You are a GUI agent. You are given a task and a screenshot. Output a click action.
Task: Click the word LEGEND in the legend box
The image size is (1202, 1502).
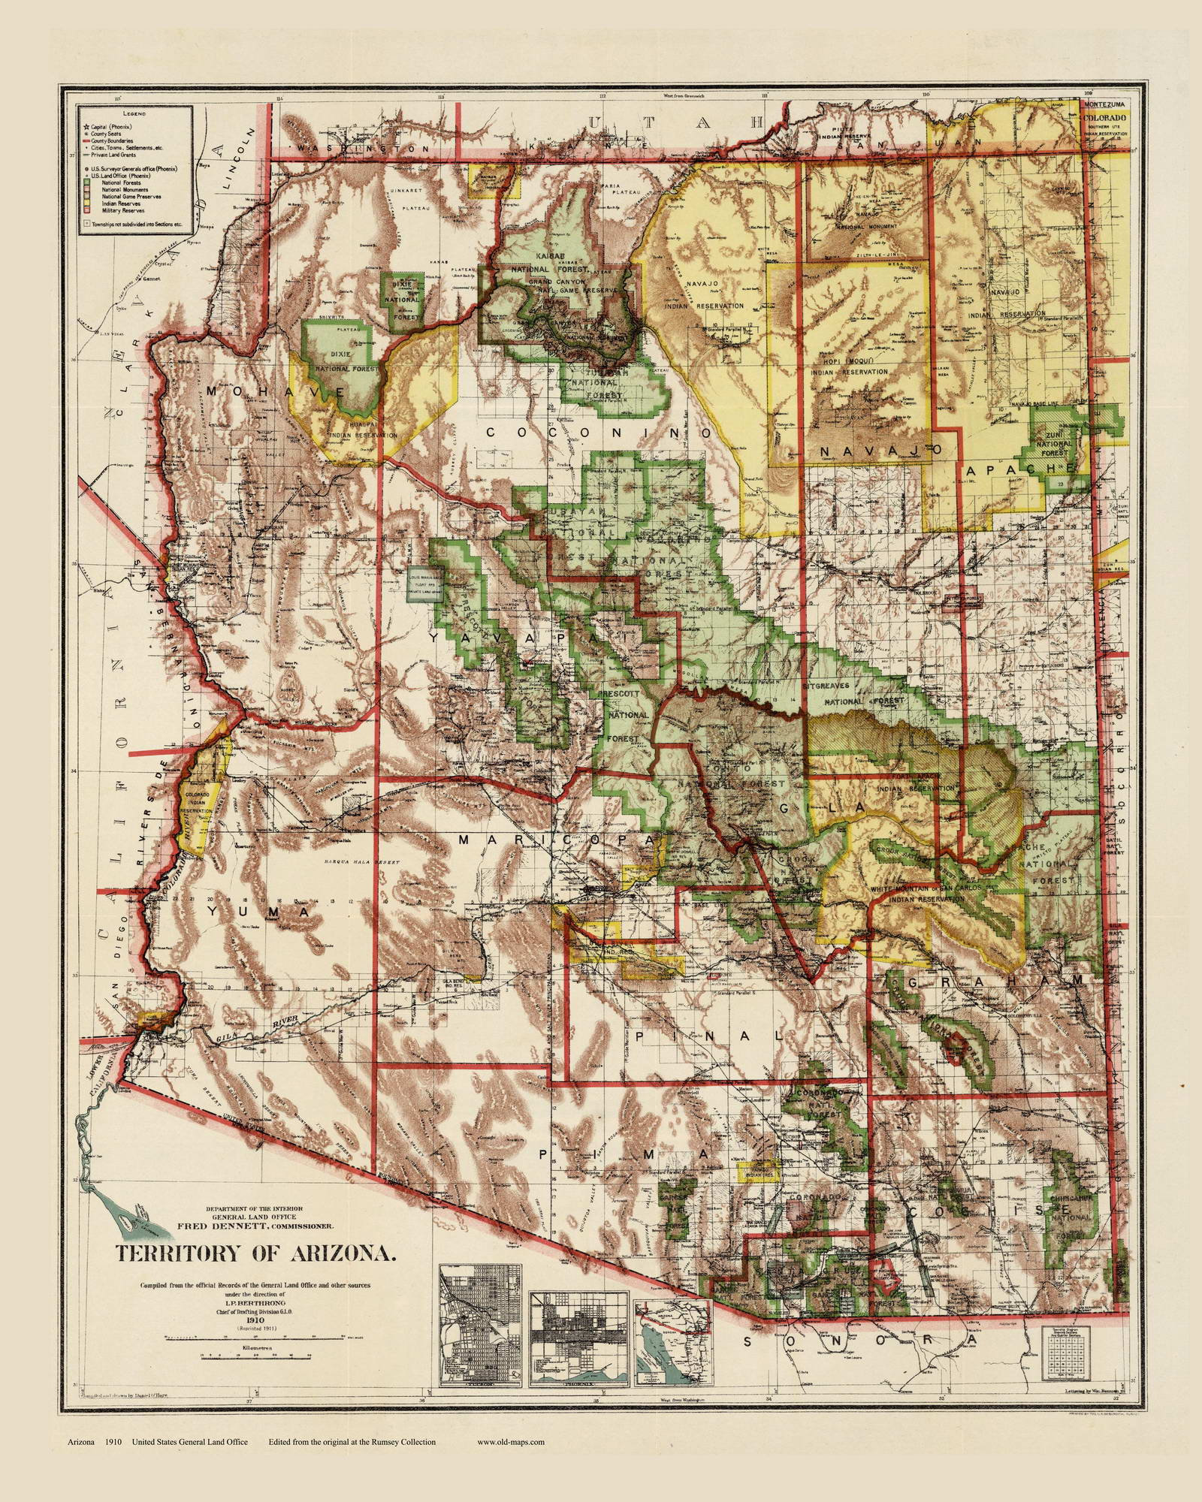134,113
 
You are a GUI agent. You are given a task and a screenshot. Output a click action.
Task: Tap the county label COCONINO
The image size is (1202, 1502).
597,433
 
